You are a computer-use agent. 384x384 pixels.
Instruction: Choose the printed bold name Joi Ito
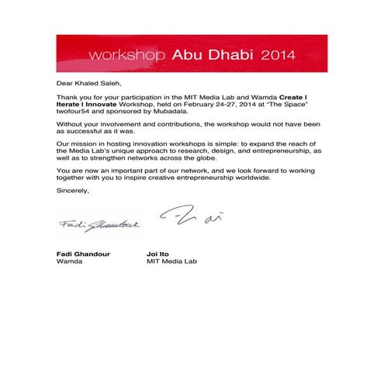(159, 253)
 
